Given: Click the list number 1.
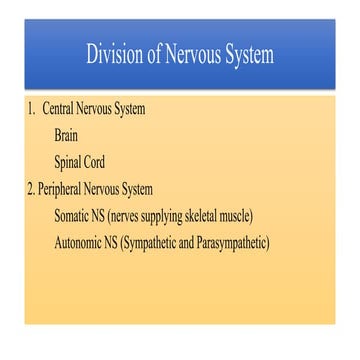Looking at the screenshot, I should pos(31,109).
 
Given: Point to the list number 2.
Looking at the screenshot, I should pos(30,189).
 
